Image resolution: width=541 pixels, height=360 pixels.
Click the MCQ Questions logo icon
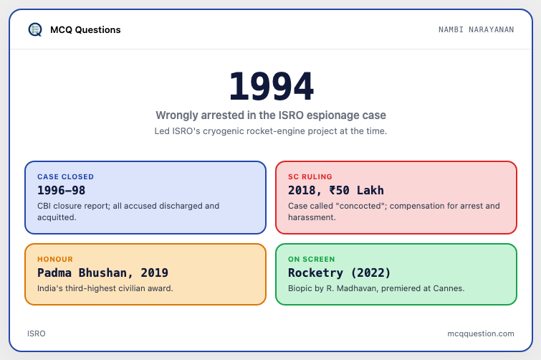pyautogui.click(x=35, y=29)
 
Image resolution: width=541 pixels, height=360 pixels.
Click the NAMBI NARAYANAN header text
pyautogui.click(x=476, y=29)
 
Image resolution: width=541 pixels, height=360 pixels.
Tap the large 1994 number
pyautogui.click(x=271, y=86)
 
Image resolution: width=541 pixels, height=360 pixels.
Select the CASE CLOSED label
pyautogui.click(x=65, y=176)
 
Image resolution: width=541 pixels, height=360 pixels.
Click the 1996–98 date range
pyautogui.click(x=62, y=190)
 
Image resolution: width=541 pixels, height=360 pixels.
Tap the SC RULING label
pyautogui.click(x=310, y=176)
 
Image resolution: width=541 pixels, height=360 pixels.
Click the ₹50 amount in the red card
pyautogui.click(x=340, y=190)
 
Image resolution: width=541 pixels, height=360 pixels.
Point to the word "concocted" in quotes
pyautogui.click(x=360, y=206)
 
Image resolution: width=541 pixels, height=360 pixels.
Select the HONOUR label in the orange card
pyautogui.click(x=55, y=259)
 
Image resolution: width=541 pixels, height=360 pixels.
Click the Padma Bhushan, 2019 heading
pyautogui.click(x=102, y=273)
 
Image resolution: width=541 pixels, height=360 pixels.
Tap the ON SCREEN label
pyautogui.click(x=312, y=259)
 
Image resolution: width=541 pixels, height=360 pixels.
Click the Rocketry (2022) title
pyautogui.click(x=340, y=273)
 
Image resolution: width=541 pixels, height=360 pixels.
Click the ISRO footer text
pyautogui.click(x=37, y=333)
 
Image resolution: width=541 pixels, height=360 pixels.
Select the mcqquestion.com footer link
pyautogui.click(x=481, y=333)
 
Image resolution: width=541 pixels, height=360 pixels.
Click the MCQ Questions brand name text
pyautogui.click(x=85, y=29)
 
